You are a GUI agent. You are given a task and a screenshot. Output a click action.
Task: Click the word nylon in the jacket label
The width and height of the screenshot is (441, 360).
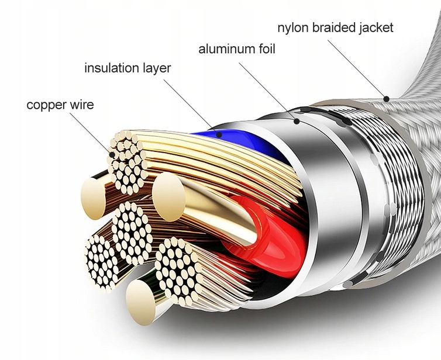tap(292, 27)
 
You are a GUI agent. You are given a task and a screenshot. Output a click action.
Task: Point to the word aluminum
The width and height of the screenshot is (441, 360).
tap(226, 49)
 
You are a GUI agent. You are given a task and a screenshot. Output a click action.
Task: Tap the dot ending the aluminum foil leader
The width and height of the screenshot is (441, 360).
tap(298, 122)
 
